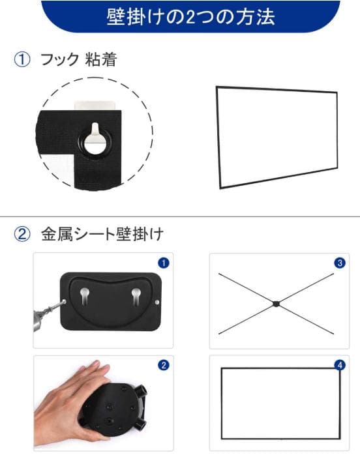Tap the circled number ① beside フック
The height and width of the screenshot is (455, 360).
(22, 60)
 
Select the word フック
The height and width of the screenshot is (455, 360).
(59, 60)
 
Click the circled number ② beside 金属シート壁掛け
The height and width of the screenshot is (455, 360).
(22, 234)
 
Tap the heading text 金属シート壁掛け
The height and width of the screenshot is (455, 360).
(102, 234)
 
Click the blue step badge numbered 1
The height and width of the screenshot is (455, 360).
(164, 263)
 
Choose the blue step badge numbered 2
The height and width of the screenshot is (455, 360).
(164, 365)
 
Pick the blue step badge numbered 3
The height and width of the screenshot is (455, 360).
(339, 263)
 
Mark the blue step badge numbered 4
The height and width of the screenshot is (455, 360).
(339, 365)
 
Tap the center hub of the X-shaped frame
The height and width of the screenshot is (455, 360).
(277, 303)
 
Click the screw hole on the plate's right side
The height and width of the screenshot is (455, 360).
(159, 302)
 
